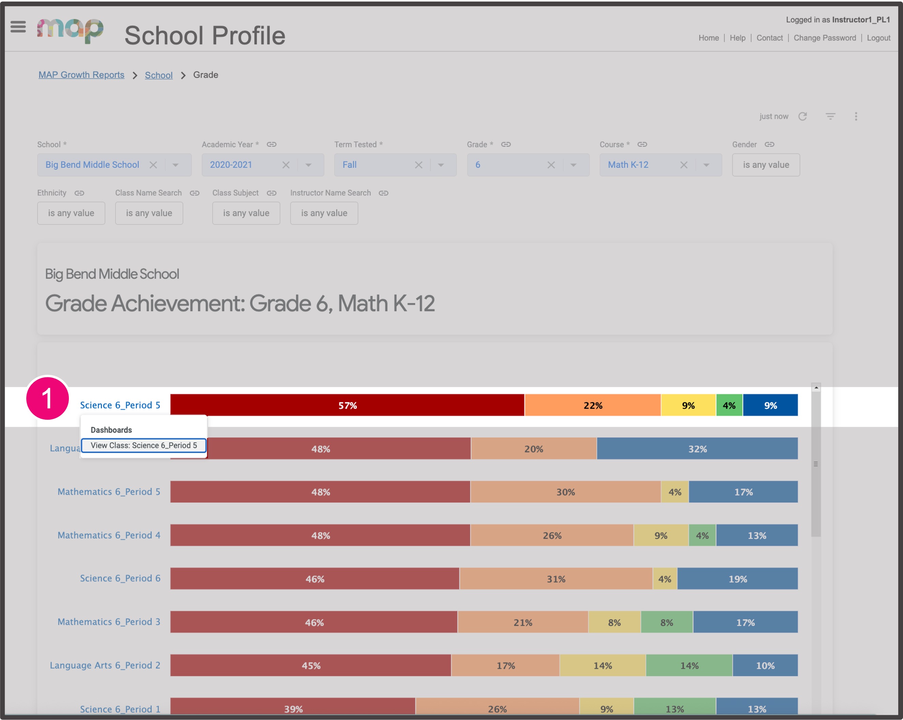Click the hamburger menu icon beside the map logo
[x=18, y=27]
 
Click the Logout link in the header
[x=878, y=38]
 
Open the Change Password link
[x=824, y=38]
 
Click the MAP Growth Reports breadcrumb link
[x=81, y=75]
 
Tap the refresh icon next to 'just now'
[x=802, y=117]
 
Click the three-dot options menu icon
[x=856, y=117]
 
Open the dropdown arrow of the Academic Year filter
[x=308, y=165]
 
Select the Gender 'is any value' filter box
[x=766, y=165]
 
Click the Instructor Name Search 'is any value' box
[x=324, y=213]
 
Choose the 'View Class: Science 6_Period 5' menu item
[x=144, y=445]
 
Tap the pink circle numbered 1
[x=47, y=398]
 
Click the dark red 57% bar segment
[x=347, y=405]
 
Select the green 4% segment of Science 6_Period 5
[x=729, y=405]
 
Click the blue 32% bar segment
[x=697, y=449]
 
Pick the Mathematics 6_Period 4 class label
[x=109, y=535]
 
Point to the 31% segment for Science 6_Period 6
[x=556, y=579]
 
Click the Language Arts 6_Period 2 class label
[x=105, y=665]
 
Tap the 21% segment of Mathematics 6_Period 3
[x=523, y=622]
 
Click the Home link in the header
[x=708, y=38]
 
